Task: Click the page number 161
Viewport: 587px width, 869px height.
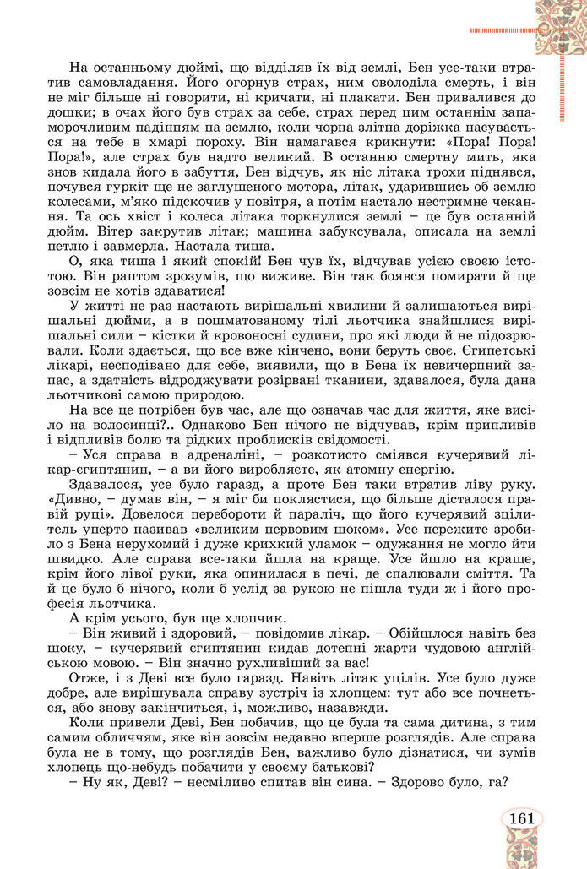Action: (521, 818)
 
